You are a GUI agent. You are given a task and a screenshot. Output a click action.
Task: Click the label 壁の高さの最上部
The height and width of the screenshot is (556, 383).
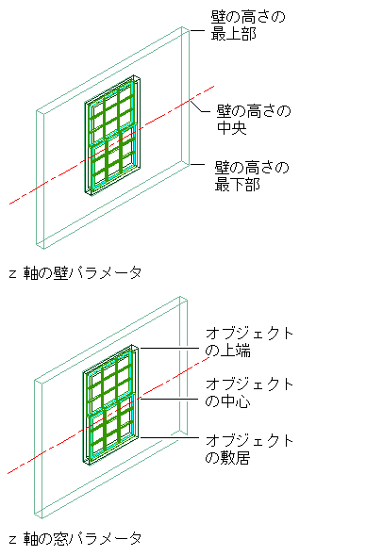[248, 25]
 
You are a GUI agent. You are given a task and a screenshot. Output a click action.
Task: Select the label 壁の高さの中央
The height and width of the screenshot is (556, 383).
[254, 120]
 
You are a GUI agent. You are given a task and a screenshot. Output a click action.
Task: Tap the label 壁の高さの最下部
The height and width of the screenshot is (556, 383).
[252, 176]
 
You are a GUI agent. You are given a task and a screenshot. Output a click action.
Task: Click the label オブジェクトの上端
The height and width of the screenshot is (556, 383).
[249, 342]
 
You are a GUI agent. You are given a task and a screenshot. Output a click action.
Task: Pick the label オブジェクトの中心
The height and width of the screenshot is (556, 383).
[249, 393]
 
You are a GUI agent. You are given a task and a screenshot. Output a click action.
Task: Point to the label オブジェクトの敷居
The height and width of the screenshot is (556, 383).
[249, 450]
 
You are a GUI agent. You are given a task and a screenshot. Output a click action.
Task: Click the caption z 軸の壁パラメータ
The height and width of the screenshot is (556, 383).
[75, 273]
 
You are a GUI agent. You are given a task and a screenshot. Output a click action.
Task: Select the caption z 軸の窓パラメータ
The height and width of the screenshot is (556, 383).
[75, 539]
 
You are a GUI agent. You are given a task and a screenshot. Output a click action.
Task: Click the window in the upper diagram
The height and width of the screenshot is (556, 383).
[112, 135]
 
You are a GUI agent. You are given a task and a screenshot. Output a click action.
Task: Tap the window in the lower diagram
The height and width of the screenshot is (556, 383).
[110, 404]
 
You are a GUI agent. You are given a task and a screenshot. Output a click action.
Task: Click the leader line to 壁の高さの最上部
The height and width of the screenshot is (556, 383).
[197, 31]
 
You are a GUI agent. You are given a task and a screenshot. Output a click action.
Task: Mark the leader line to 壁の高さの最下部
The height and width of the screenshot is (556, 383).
[197, 165]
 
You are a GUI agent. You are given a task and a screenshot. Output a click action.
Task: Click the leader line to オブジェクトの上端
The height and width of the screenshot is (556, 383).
[169, 349]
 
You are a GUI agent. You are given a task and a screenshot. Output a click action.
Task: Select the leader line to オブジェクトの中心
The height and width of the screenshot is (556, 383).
[169, 400]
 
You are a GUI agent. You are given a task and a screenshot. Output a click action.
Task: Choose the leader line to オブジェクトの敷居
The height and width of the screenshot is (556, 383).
[169, 437]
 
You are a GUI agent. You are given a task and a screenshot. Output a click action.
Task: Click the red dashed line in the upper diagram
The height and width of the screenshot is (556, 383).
[112, 145]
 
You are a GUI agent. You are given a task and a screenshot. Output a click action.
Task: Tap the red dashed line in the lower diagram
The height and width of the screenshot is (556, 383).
[108, 416]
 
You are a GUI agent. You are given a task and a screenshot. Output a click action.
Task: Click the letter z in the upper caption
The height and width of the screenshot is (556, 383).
[13, 274]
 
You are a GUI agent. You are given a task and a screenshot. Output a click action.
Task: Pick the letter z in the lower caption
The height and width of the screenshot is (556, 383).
[13, 540]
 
